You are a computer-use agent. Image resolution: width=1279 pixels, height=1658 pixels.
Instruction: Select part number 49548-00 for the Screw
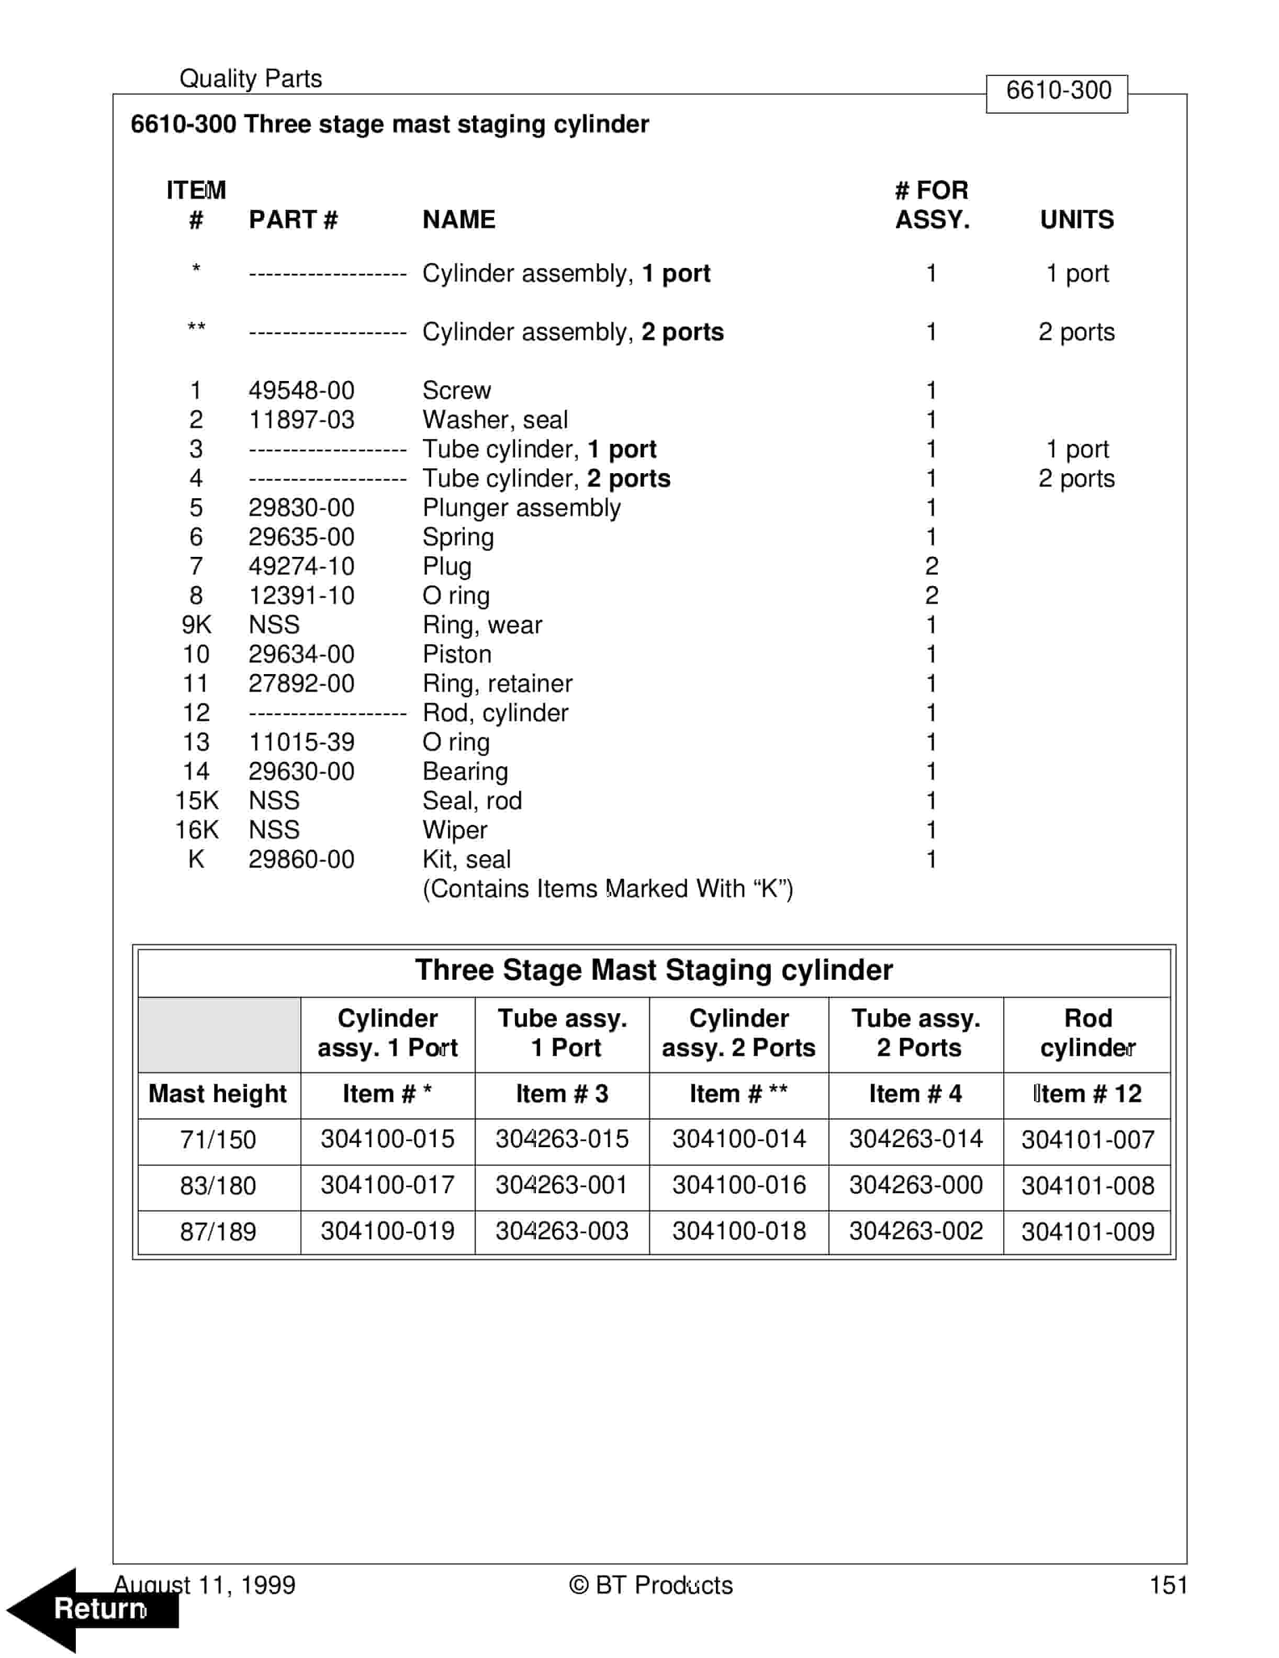[x=301, y=390]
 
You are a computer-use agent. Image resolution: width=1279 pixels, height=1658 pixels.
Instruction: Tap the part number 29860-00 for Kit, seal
[x=301, y=859]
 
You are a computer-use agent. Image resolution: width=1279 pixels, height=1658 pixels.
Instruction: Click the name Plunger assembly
[x=521, y=508]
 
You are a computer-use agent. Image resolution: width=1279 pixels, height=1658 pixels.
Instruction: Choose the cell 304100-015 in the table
[x=387, y=1139]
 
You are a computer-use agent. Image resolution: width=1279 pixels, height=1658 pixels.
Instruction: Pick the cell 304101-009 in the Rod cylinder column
[x=1087, y=1231]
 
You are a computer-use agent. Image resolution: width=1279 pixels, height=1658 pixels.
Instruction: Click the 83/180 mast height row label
[x=218, y=1186]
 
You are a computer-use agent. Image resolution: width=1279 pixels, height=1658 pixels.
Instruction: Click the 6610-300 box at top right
[x=1057, y=91]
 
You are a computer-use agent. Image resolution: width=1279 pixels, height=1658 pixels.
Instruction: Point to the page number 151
[x=1168, y=1585]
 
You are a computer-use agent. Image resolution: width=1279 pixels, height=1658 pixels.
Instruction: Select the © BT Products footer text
[x=650, y=1585]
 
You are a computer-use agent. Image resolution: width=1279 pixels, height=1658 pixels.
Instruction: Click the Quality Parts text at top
[x=251, y=78]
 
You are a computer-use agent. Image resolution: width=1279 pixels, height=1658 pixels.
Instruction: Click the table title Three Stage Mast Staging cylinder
[x=654, y=970]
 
